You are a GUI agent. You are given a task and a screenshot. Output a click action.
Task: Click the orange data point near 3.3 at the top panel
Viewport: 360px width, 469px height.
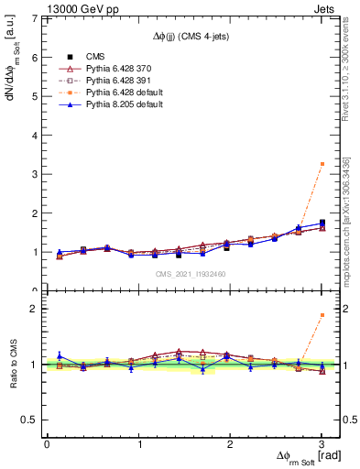point(322,164)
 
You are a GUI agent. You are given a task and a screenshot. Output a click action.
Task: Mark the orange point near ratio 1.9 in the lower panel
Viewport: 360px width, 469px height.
point(322,315)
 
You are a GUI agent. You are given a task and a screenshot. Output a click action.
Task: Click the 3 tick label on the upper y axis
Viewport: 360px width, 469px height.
point(35,174)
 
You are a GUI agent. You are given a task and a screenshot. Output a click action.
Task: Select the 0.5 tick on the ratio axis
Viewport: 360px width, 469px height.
point(30,420)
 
